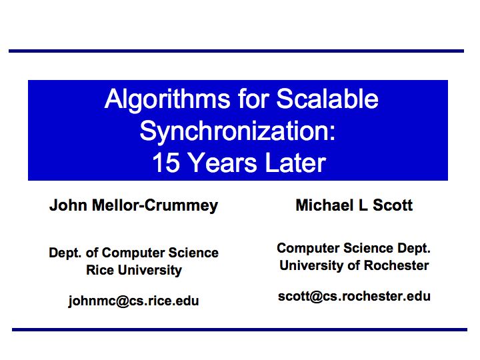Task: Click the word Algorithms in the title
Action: (x=167, y=100)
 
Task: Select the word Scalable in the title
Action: (x=327, y=99)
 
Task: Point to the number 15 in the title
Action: (x=166, y=163)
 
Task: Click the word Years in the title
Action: (x=223, y=163)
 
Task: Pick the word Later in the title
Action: (x=296, y=163)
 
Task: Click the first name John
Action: (x=68, y=205)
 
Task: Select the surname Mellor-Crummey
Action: (x=155, y=206)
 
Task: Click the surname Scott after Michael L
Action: (x=393, y=205)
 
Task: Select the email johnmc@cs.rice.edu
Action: (x=133, y=301)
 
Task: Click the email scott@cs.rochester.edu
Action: (x=354, y=296)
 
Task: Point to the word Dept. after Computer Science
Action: (x=414, y=248)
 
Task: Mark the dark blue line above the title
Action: (x=236, y=51)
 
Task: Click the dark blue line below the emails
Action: (x=240, y=330)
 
